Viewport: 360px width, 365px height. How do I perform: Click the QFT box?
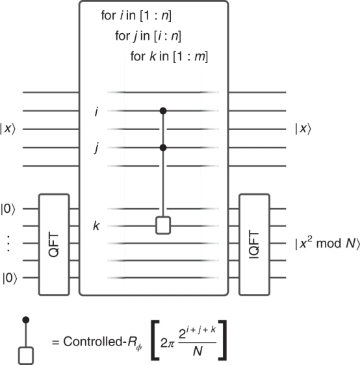(54, 245)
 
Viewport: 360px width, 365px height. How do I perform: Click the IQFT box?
(255, 245)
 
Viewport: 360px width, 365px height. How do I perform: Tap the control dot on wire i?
(163, 111)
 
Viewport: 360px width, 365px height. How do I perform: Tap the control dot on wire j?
(163, 148)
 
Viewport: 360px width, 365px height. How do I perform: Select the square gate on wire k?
(163, 225)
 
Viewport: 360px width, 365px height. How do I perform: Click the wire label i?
(96, 112)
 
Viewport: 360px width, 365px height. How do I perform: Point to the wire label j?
(97, 148)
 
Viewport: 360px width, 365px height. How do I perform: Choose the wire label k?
(96, 226)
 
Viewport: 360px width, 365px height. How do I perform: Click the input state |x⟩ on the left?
(8, 128)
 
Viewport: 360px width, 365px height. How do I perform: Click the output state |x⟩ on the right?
(303, 128)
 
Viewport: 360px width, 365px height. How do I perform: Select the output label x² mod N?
(328, 243)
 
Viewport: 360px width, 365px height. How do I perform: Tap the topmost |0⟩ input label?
(8, 209)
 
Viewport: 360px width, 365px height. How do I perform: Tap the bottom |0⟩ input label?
(10, 278)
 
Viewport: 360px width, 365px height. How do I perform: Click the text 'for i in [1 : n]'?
(136, 16)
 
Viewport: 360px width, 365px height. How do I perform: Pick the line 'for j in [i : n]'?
(148, 36)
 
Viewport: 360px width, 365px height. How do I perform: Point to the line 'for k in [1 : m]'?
(169, 57)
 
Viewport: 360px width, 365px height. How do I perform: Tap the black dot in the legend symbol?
(26, 320)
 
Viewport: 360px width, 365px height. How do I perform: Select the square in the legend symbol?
(26, 355)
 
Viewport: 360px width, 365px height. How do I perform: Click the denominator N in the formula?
(198, 351)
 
